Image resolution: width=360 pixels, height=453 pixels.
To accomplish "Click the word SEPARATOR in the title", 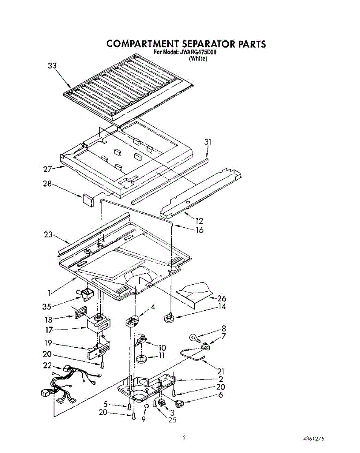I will (202, 44).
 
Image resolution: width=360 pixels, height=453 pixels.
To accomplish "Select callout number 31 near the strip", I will (207, 143).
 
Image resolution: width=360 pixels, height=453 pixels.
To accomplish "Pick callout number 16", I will (199, 230).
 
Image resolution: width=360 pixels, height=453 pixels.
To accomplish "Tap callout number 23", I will (48, 234).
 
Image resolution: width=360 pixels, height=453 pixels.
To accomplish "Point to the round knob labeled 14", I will (168, 318).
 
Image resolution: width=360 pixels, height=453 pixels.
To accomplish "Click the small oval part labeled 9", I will (146, 406).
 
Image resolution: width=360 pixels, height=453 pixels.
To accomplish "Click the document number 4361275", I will (314, 439).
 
